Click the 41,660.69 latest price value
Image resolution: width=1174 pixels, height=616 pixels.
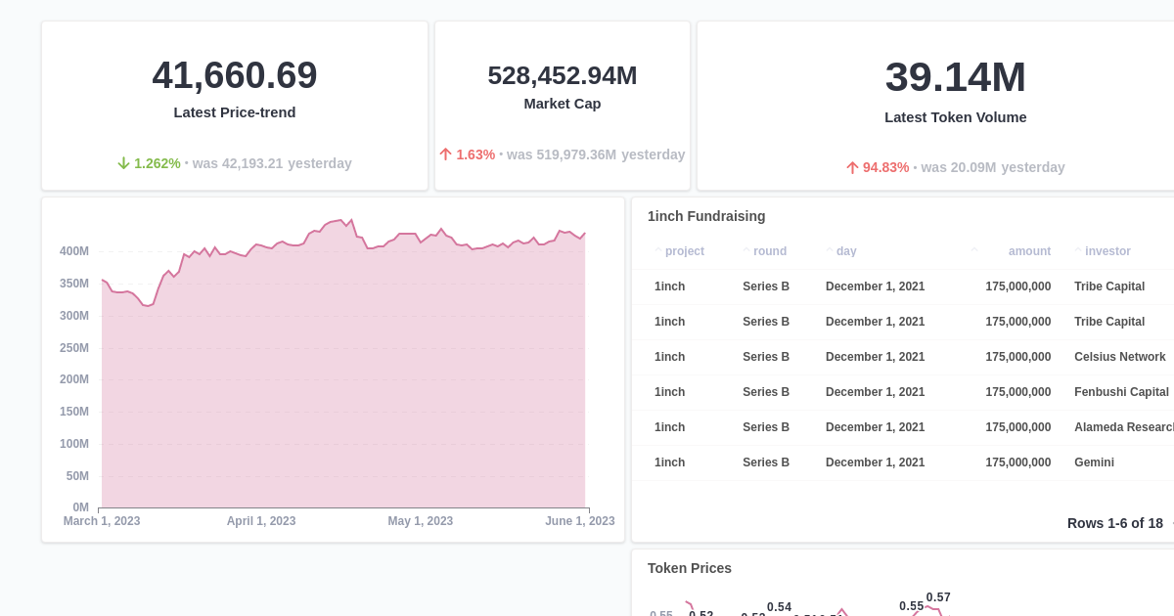(x=235, y=75)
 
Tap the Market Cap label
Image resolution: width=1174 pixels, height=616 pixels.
(x=563, y=104)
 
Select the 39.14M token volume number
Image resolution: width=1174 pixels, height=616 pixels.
(x=955, y=77)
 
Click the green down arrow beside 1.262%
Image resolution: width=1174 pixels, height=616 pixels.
(x=123, y=163)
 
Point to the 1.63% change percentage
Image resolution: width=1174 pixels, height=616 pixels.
(x=475, y=154)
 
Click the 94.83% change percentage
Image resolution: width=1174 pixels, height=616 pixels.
(x=885, y=167)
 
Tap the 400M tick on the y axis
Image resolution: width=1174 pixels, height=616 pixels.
(x=74, y=251)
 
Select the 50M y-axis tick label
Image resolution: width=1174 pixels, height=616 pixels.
(x=77, y=476)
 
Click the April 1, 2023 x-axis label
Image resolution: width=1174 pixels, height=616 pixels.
(x=261, y=521)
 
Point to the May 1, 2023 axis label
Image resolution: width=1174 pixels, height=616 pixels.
(x=421, y=521)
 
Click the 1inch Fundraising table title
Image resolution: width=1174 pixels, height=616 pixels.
(x=706, y=216)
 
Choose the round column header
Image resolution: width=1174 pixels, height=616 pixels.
(x=770, y=251)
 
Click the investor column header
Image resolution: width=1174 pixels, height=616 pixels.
(x=1107, y=251)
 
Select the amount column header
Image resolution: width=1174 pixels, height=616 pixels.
(x=1029, y=251)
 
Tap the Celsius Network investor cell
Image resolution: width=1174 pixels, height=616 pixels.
(x=1119, y=357)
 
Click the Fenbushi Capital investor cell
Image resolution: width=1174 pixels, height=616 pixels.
(x=1121, y=392)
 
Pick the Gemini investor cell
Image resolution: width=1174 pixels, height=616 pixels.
(x=1094, y=462)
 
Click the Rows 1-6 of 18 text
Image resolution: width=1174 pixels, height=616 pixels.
(x=1114, y=523)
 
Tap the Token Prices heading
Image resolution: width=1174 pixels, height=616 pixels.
(x=690, y=568)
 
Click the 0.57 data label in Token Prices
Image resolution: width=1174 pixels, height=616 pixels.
(x=938, y=597)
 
